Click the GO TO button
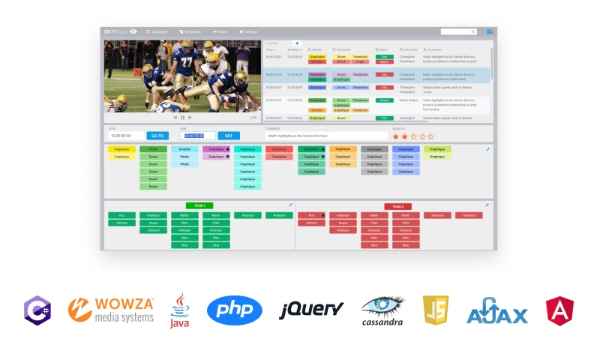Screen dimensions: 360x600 click(x=157, y=136)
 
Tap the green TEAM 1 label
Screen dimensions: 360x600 click(x=199, y=205)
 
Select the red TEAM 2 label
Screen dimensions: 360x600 click(x=397, y=206)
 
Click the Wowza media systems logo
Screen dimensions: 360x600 click(x=111, y=310)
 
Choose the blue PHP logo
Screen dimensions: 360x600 click(x=235, y=310)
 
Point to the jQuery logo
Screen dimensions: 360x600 click(x=312, y=310)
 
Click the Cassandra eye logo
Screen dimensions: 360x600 click(x=382, y=309)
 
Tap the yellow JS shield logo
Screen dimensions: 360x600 click(x=436, y=310)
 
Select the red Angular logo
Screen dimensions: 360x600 click(x=559, y=310)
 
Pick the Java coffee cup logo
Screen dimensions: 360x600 click(x=180, y=310)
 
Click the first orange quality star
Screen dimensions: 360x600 click(x=395, y=136)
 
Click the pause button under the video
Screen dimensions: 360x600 click(x=182, y=118)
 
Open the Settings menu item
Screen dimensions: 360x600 click(x=248, y=31)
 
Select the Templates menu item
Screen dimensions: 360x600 click(x=191, y=31)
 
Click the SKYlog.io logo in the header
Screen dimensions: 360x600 click(x=120, y=31)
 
